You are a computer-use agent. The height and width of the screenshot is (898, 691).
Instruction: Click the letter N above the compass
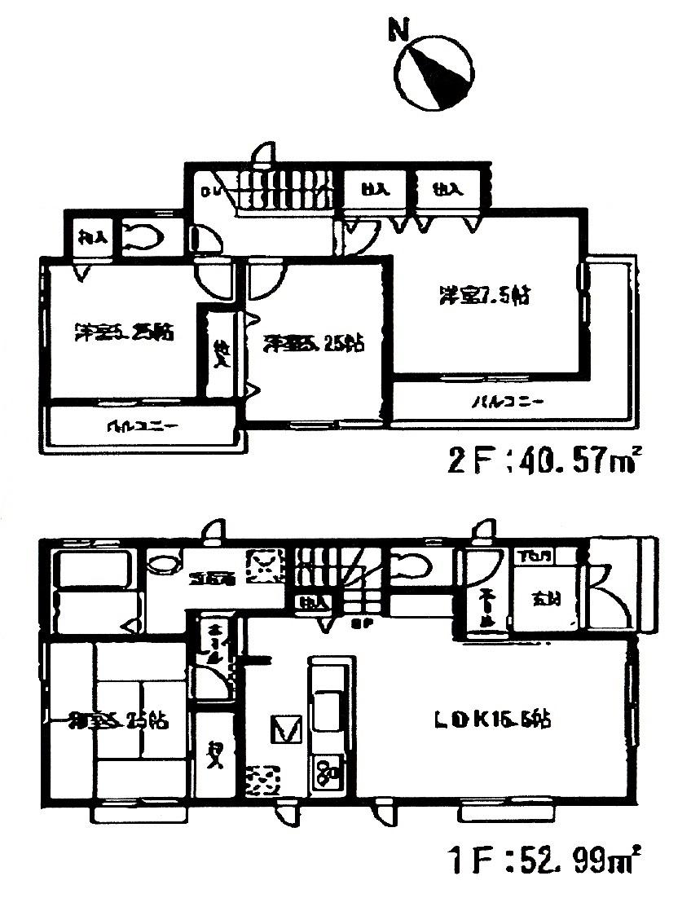pyautogui.click(x=398, y=31)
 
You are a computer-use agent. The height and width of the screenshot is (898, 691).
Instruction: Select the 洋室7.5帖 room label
pyautogui.click(x=487, y=295)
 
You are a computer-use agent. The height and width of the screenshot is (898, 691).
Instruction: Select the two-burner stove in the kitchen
pyautogui.click(x=329, y=771)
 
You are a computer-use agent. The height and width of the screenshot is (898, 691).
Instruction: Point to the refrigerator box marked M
pyautogui.click(x=287, y=728)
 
